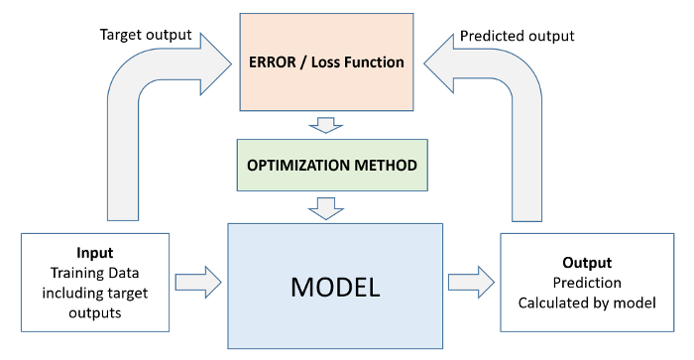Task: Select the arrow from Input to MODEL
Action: (x=199, y=282)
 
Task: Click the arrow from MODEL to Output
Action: (x=470, y=282)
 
